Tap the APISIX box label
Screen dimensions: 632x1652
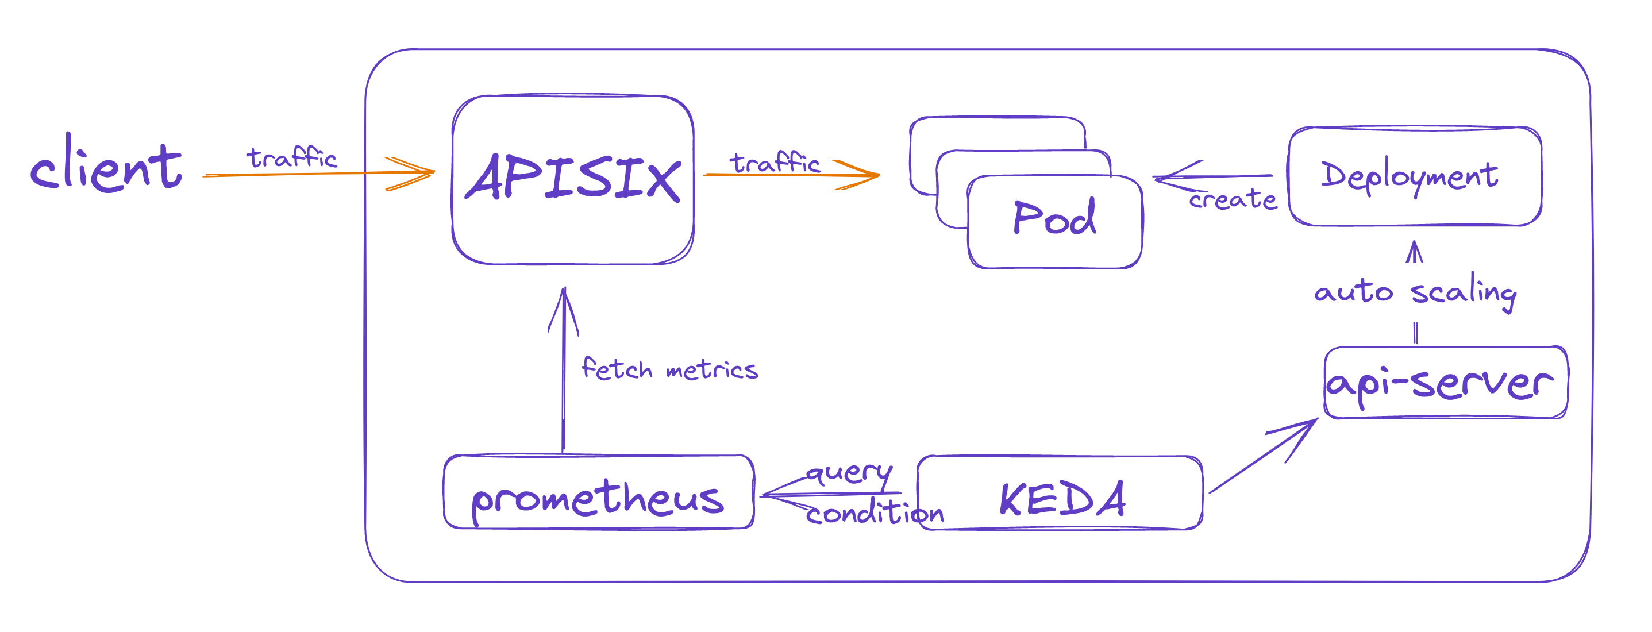573,178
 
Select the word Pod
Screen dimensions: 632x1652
1054,218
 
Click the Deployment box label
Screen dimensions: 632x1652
1409,175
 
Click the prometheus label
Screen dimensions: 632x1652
598,499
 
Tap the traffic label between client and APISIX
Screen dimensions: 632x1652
292,157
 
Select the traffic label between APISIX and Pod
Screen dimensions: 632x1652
775,163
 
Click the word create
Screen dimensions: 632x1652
1232,199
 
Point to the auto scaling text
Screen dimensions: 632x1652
1415,292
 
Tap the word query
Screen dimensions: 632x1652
849,473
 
